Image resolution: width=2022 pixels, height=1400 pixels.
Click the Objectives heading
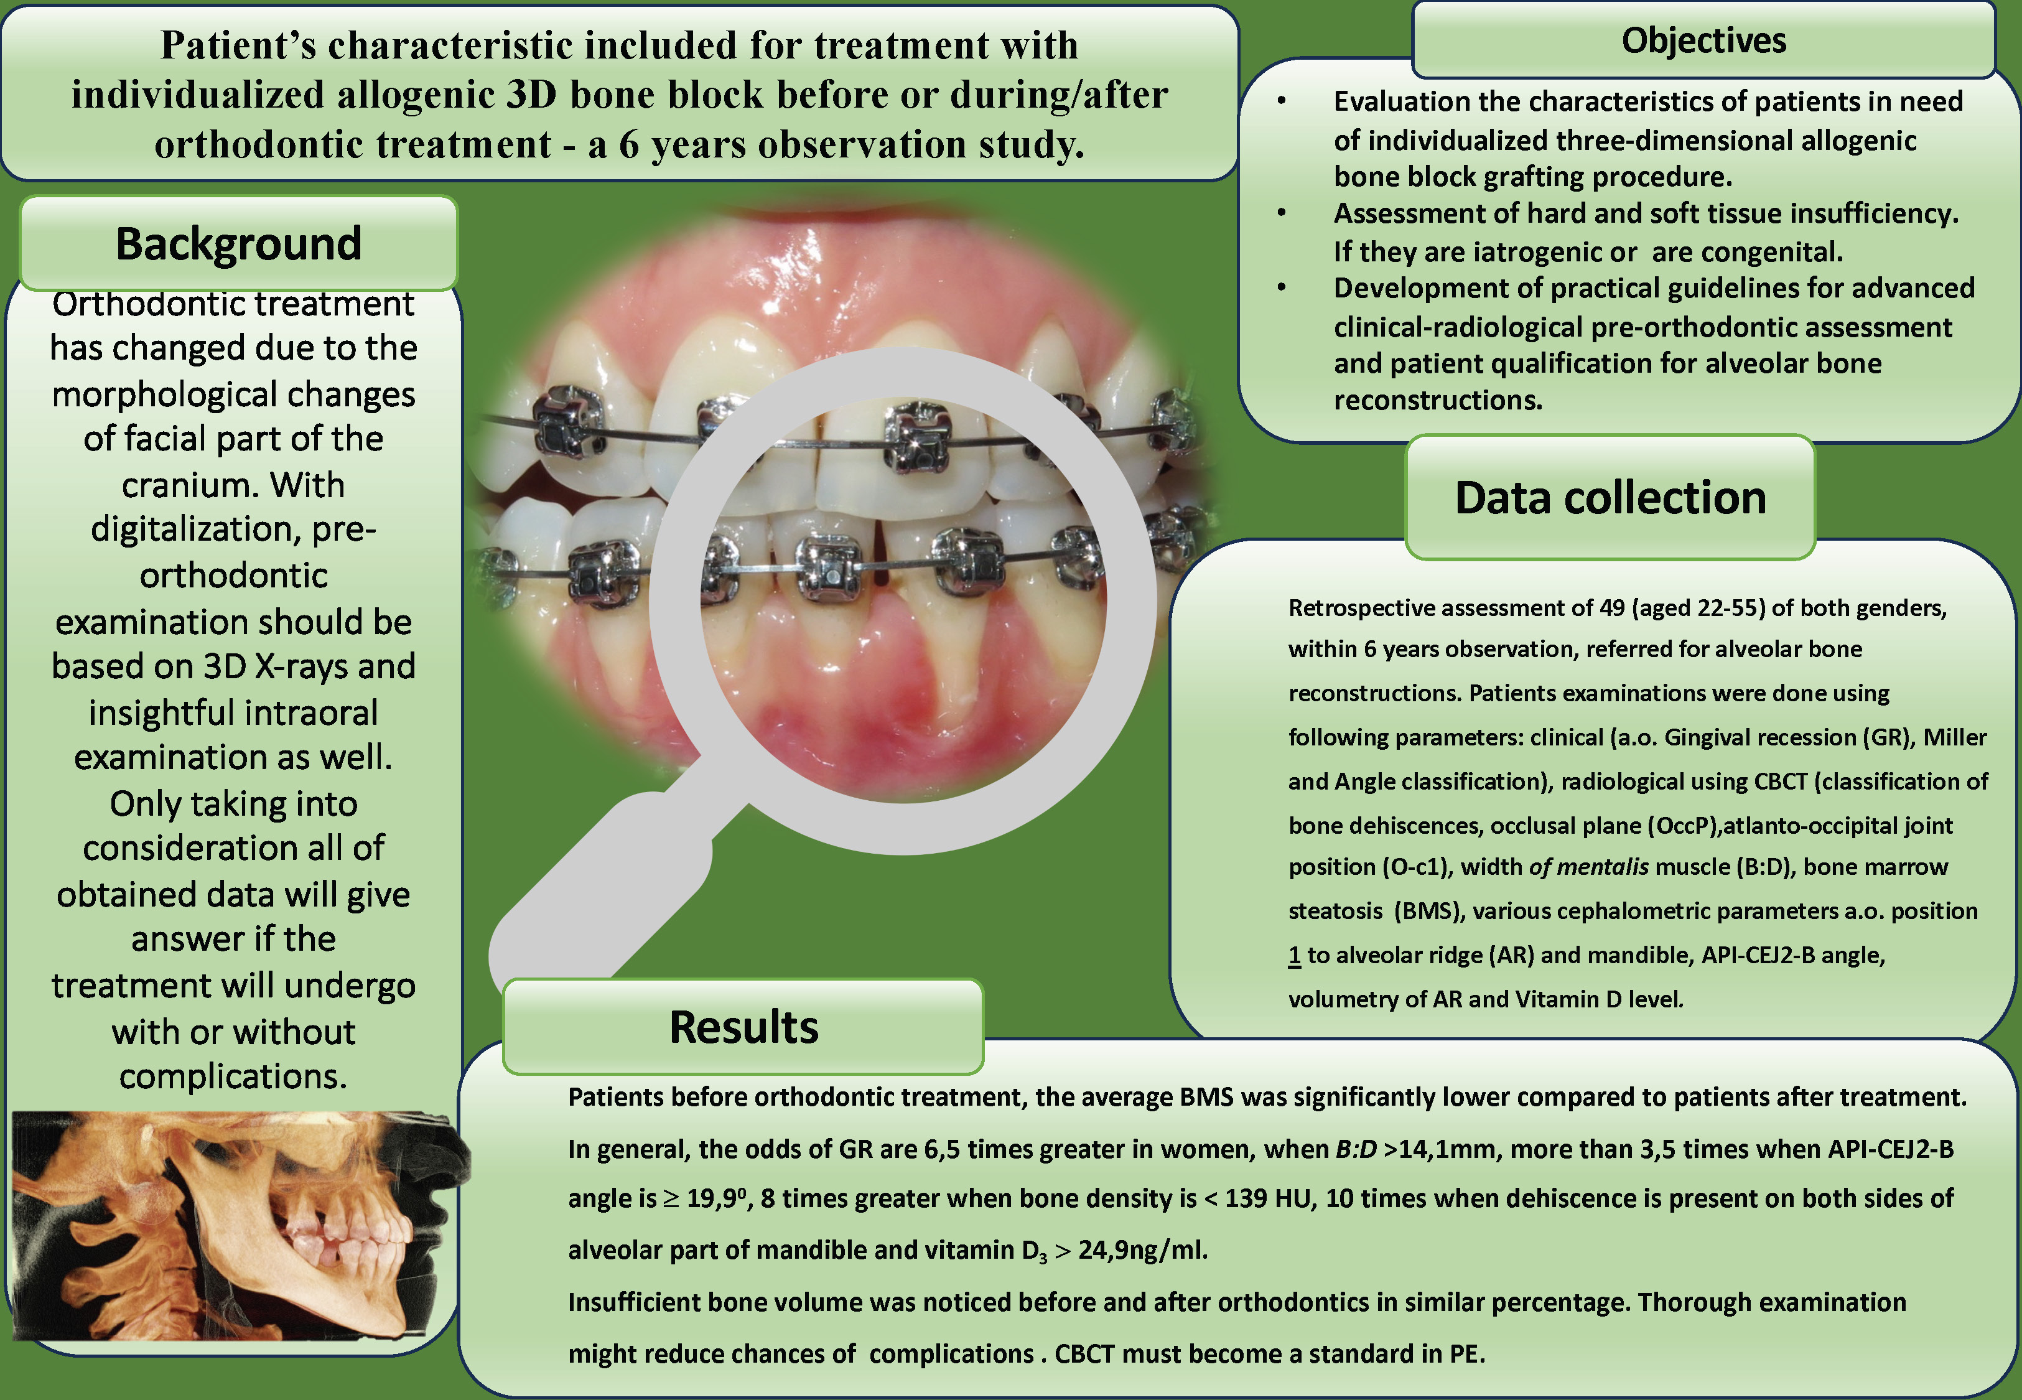[1703, 41]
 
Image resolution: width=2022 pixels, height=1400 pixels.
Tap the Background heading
[238, 244]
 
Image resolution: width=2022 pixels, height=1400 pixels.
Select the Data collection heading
[1610, 498]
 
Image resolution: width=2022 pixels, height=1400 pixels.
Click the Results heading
[743, 1027]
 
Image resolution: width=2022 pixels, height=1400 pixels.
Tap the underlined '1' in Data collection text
[1294, 955]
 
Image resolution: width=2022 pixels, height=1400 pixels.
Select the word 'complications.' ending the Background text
[233, 1076]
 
